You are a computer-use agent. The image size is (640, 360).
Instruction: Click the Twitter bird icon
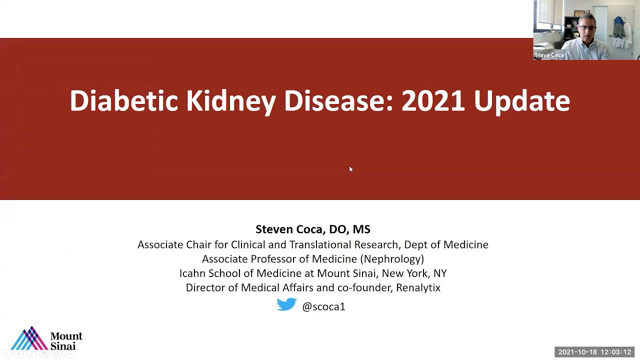point(286,305)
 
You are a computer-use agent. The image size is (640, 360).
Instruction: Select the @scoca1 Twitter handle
point(326,305)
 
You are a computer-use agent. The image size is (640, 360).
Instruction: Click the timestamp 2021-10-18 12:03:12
point(594,352)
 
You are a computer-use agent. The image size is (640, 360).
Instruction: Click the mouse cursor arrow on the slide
point(350,168)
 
